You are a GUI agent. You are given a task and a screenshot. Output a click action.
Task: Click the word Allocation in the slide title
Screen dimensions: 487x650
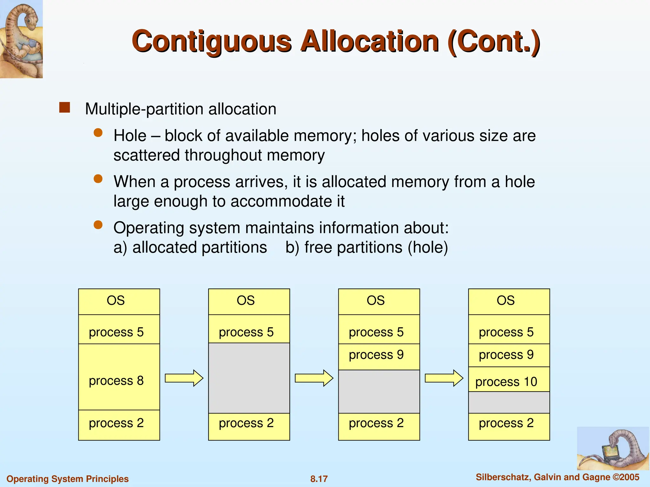pos(370,41)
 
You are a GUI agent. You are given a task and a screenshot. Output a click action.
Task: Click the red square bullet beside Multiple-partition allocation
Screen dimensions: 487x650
pos(65,108)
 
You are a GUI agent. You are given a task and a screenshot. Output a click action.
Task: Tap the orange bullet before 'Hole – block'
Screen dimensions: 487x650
pos(98,133)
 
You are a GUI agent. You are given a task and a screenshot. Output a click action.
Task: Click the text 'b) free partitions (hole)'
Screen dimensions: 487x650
pos(367,247)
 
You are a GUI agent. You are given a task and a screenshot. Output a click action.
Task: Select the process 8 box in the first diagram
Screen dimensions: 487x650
pos(119,377)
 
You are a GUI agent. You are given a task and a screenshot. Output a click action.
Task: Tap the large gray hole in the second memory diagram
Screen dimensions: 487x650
pos(249,378)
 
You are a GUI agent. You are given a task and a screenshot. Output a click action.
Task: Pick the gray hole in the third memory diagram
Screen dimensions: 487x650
pos(379,392)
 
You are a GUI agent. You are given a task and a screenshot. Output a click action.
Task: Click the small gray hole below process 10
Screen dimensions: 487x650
pos(509,403)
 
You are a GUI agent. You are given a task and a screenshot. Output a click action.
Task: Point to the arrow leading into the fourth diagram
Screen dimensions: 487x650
pos(444,378)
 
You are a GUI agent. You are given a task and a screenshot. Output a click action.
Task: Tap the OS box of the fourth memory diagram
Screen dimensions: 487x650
pos(509,301)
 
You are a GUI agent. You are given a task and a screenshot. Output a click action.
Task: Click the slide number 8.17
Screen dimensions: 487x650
pos(319,479)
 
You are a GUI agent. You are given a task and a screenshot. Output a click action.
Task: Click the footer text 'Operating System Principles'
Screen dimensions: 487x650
pos(68,479)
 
